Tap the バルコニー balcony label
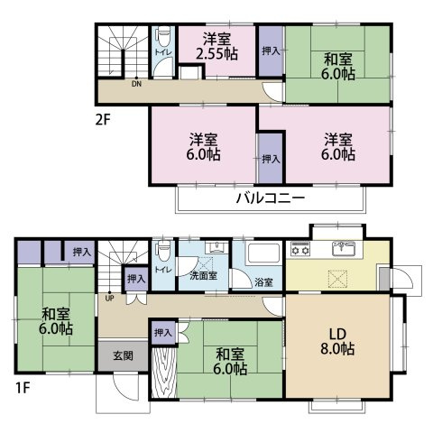[272, 198]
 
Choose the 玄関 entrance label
[123, 355]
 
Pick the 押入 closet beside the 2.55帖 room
[271, 51]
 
